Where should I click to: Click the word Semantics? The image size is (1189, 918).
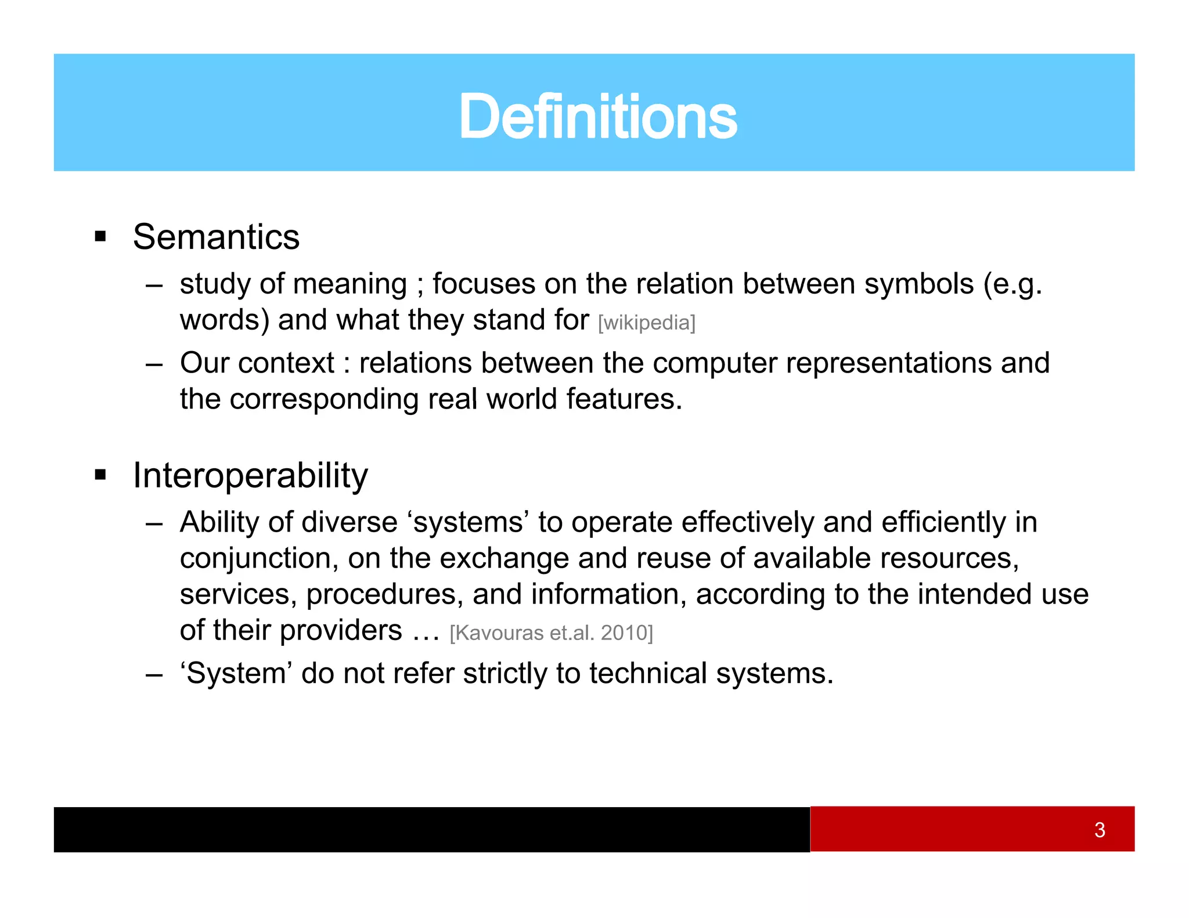click(x=216, y=237)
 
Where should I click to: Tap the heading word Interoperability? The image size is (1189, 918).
click(x=250, y=476)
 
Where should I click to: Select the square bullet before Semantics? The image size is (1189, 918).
click(x=101, y=237)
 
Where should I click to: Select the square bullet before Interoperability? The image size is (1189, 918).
click(x=101, y=475)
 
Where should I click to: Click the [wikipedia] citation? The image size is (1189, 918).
click(x=646, y=323)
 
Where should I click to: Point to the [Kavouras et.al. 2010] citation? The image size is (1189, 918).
click(x=551, y=633)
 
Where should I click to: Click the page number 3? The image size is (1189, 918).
click(x=1099, y=830)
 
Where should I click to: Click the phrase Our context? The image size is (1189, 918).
click(x=257, y=363)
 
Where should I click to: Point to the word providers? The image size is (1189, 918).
click(x=341, y=631)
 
